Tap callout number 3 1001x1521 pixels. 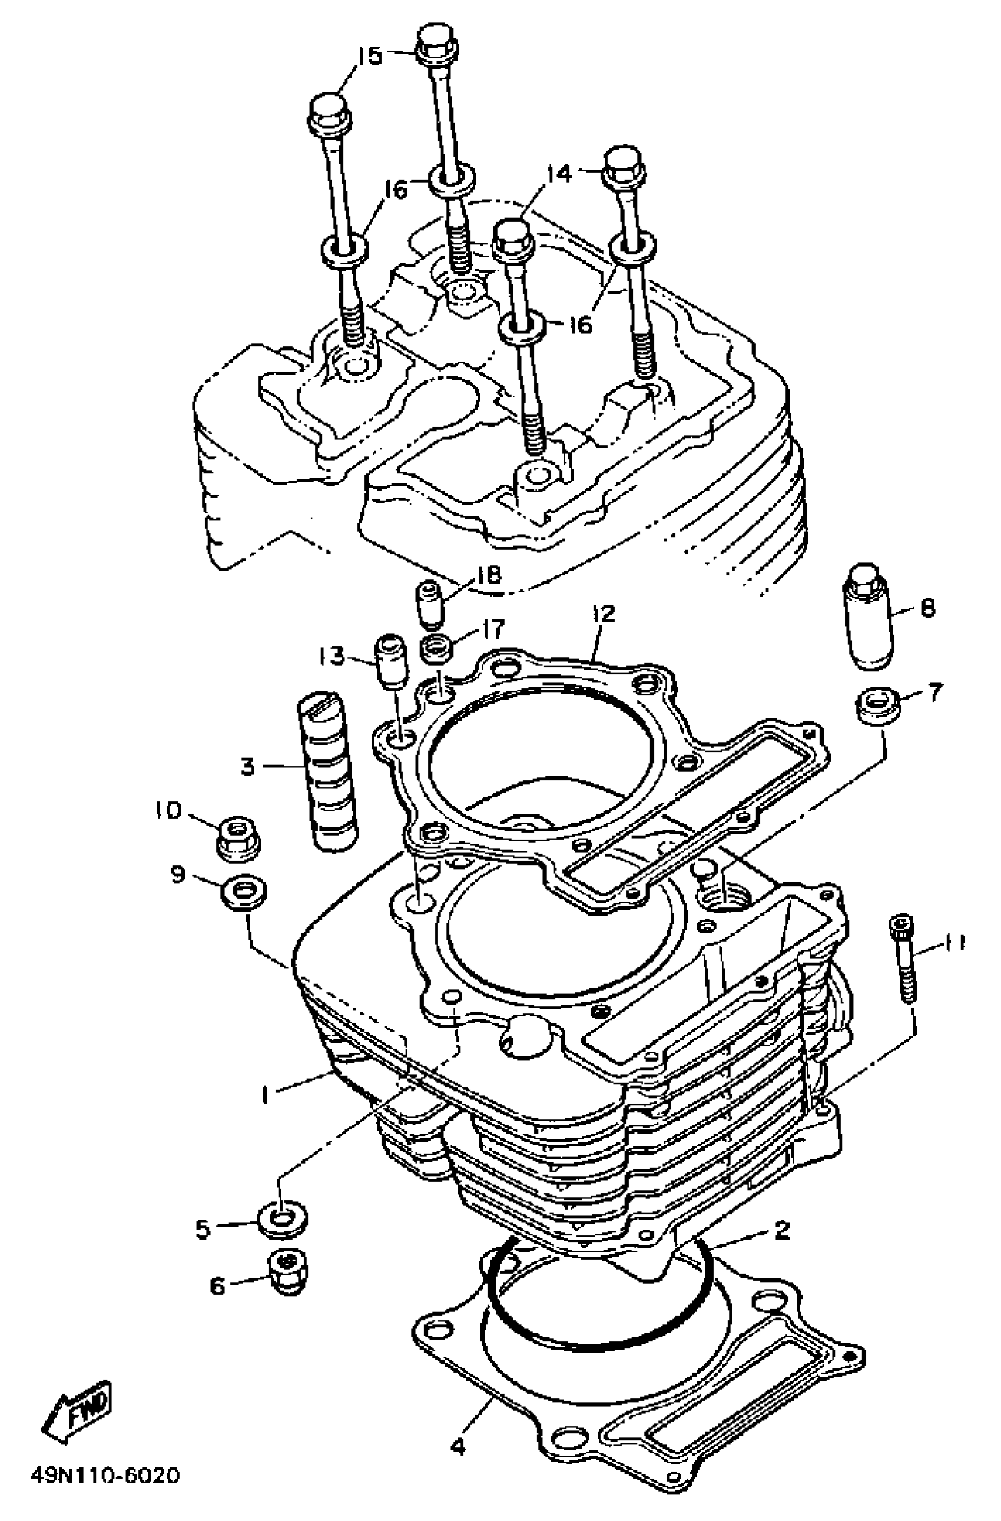click(248, 766)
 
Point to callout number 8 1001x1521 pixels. click(927, 607)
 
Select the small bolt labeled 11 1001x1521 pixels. click(903, 959)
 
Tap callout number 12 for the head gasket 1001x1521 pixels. click(603, 614)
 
